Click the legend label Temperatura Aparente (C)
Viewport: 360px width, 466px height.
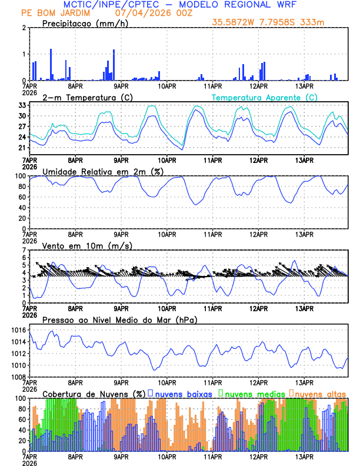pos(265,97)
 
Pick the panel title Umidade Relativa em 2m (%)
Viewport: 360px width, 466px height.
pos(103,171)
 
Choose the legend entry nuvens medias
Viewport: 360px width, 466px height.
pos(251,393)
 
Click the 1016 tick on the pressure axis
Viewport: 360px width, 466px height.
pos(17,331)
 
